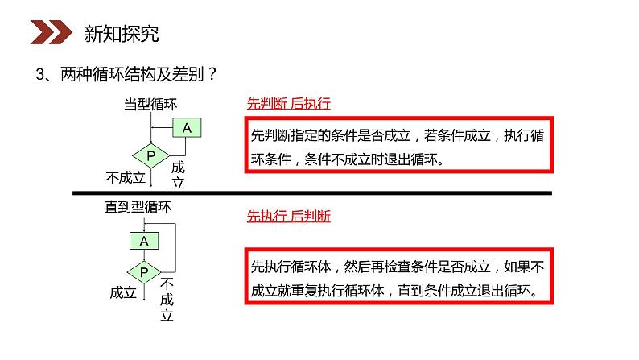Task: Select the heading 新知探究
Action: pos(122,34)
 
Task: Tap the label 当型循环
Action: pos(150,105)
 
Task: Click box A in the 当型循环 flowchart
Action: pos(187,127)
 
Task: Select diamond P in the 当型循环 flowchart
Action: pos(150,155)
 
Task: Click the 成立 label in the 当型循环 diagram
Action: pos(179,175)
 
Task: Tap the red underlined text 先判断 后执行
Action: pos(288,104)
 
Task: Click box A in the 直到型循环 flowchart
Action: pos(144,240)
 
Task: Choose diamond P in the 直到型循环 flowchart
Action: pos(144,271)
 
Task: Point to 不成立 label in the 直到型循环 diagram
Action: pos(167,300)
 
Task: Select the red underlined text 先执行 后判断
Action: pos(288,217)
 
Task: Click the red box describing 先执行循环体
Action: pos(398,277)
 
